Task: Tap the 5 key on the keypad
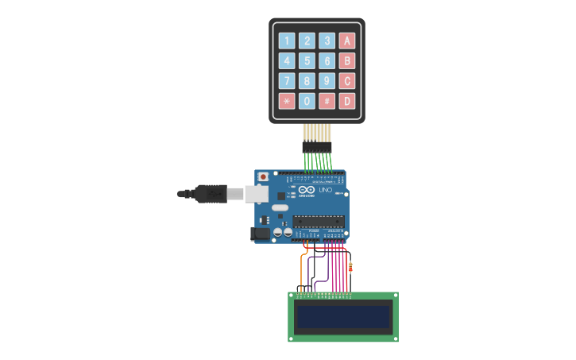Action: [x=307, y=60]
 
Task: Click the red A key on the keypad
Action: [x=346, y=41]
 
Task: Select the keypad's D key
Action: [x=346, y=101]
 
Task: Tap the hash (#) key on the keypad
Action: [x=327, y=101]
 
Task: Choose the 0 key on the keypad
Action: [x=307, y=101]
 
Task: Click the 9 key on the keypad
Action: [x=327, y=81]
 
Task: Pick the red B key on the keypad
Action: [x=346, y=60]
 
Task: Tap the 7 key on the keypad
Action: [x=287, y=81]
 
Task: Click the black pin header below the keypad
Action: [x=317, y=147]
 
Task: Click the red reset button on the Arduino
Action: [x=264, y=176]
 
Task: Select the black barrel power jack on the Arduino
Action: [x=259, y=234]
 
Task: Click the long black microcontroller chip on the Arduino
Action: [x=319, y=221]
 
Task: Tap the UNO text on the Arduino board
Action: [x=324, y=192]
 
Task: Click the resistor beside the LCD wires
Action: [x=350, y=266]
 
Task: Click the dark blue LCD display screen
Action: [x=342, y=318]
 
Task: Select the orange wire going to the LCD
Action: [x=302, y=270]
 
